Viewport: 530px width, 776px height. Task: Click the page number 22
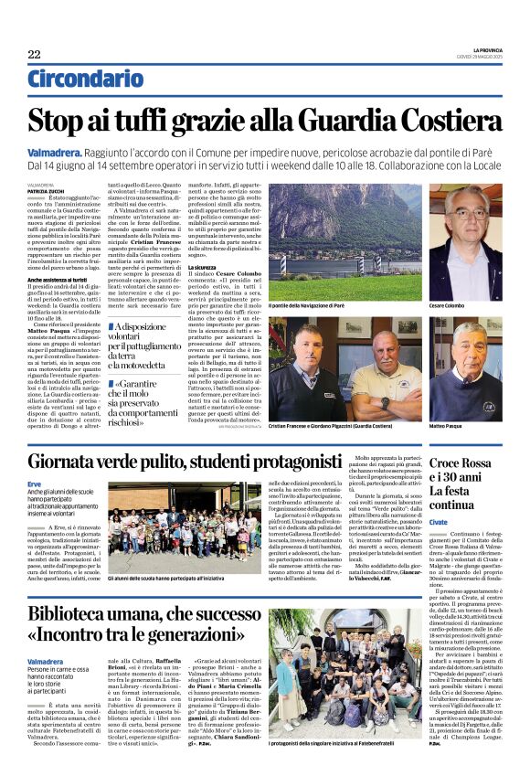coord(34,55)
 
